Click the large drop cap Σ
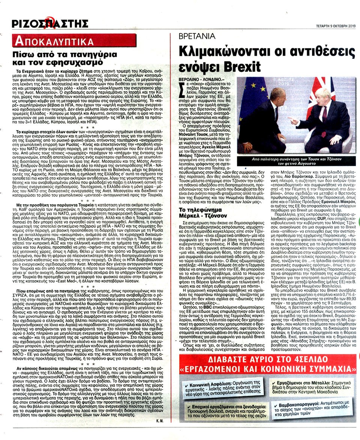pos(186,90)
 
